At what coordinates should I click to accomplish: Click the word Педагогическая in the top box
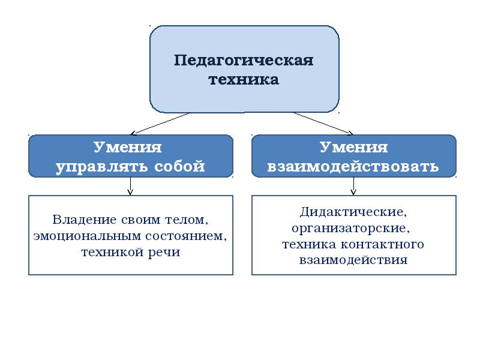pos(244,61)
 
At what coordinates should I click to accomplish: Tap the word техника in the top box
pos(244,80)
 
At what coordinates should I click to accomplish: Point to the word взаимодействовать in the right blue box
pos(353,166)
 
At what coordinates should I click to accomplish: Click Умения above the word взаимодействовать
pos(353,148)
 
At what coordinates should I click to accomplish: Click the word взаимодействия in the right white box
pos(353,260)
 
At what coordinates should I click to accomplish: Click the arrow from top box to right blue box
pos(323,124)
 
